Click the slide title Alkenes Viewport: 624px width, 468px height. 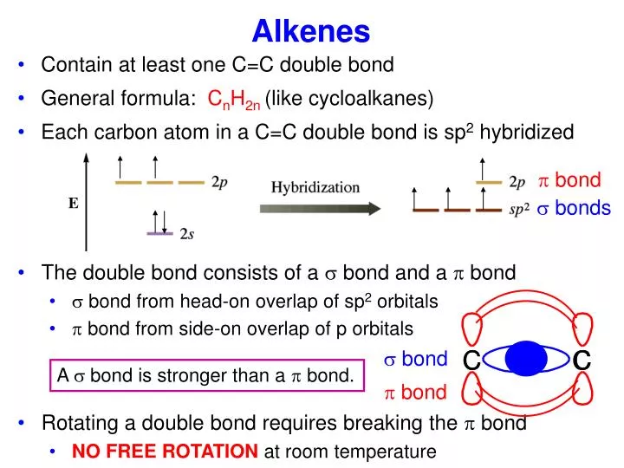tap(311, 31)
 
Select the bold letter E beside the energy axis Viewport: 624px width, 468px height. tap(74, 204)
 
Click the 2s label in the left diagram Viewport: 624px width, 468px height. tap(187, 234)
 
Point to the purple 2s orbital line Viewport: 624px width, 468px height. tap(161, 233)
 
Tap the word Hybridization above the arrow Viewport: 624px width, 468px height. tap(315, 187)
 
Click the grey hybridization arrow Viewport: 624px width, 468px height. tap(320, 208)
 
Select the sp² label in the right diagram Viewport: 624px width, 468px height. tap(519, 210)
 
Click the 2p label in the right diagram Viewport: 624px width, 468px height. tap(517, 183)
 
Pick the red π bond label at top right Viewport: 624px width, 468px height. tap(569, 180)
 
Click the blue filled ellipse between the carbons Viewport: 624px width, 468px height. tap(526, 359)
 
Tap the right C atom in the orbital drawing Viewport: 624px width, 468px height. tap(582, 360)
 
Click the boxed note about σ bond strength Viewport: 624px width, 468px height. tap(205, 375)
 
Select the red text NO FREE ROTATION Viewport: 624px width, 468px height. tap(165, 452)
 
